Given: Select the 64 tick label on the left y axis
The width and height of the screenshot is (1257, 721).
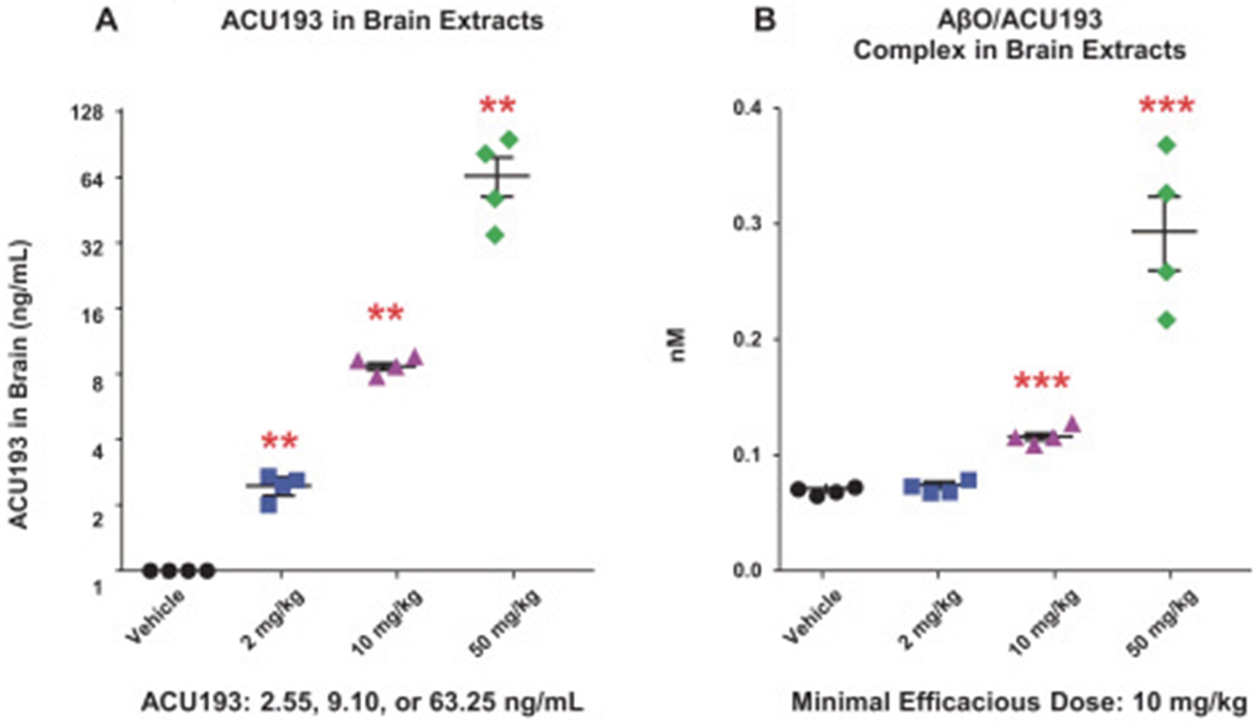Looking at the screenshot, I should coord(94,180).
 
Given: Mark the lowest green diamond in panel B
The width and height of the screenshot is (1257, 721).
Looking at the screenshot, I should coord(1167,320).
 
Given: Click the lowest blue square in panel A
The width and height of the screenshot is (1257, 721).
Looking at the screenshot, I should coord(269,505).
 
